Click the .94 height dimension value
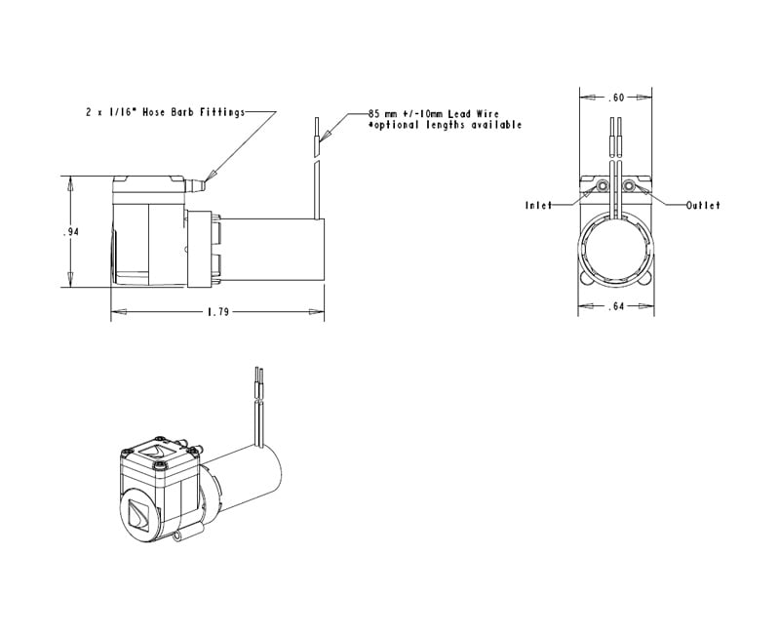(x=71, y=231)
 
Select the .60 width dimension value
(x=615, y=98)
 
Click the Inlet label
(x=539, y=206)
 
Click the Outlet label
(x=702, y=206)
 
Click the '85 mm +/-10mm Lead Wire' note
(x=434, y=114)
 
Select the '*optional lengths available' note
(x=444, y=125)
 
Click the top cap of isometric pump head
(x=156, y=452)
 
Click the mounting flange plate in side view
(x=201, y=249)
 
